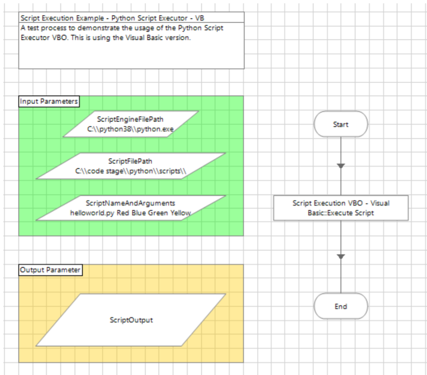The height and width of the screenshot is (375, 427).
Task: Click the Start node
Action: (341, 124)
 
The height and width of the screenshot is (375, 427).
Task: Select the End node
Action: (341, 306)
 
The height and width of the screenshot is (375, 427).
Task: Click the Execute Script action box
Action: (341, 208)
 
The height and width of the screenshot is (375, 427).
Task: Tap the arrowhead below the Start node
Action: (341, 166)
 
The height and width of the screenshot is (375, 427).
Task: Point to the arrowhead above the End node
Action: (341, 257)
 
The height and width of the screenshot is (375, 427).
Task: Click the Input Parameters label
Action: (49, 102)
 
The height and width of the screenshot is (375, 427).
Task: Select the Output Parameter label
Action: (50, 270)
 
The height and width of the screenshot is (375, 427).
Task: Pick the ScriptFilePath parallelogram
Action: (130, 166)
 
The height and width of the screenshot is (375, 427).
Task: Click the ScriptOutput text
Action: (131, 320)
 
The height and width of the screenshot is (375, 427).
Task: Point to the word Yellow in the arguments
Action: (180, 212)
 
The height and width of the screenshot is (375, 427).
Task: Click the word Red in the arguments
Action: (123, 212)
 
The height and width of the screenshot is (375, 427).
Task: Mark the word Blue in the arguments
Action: (139, 212)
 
